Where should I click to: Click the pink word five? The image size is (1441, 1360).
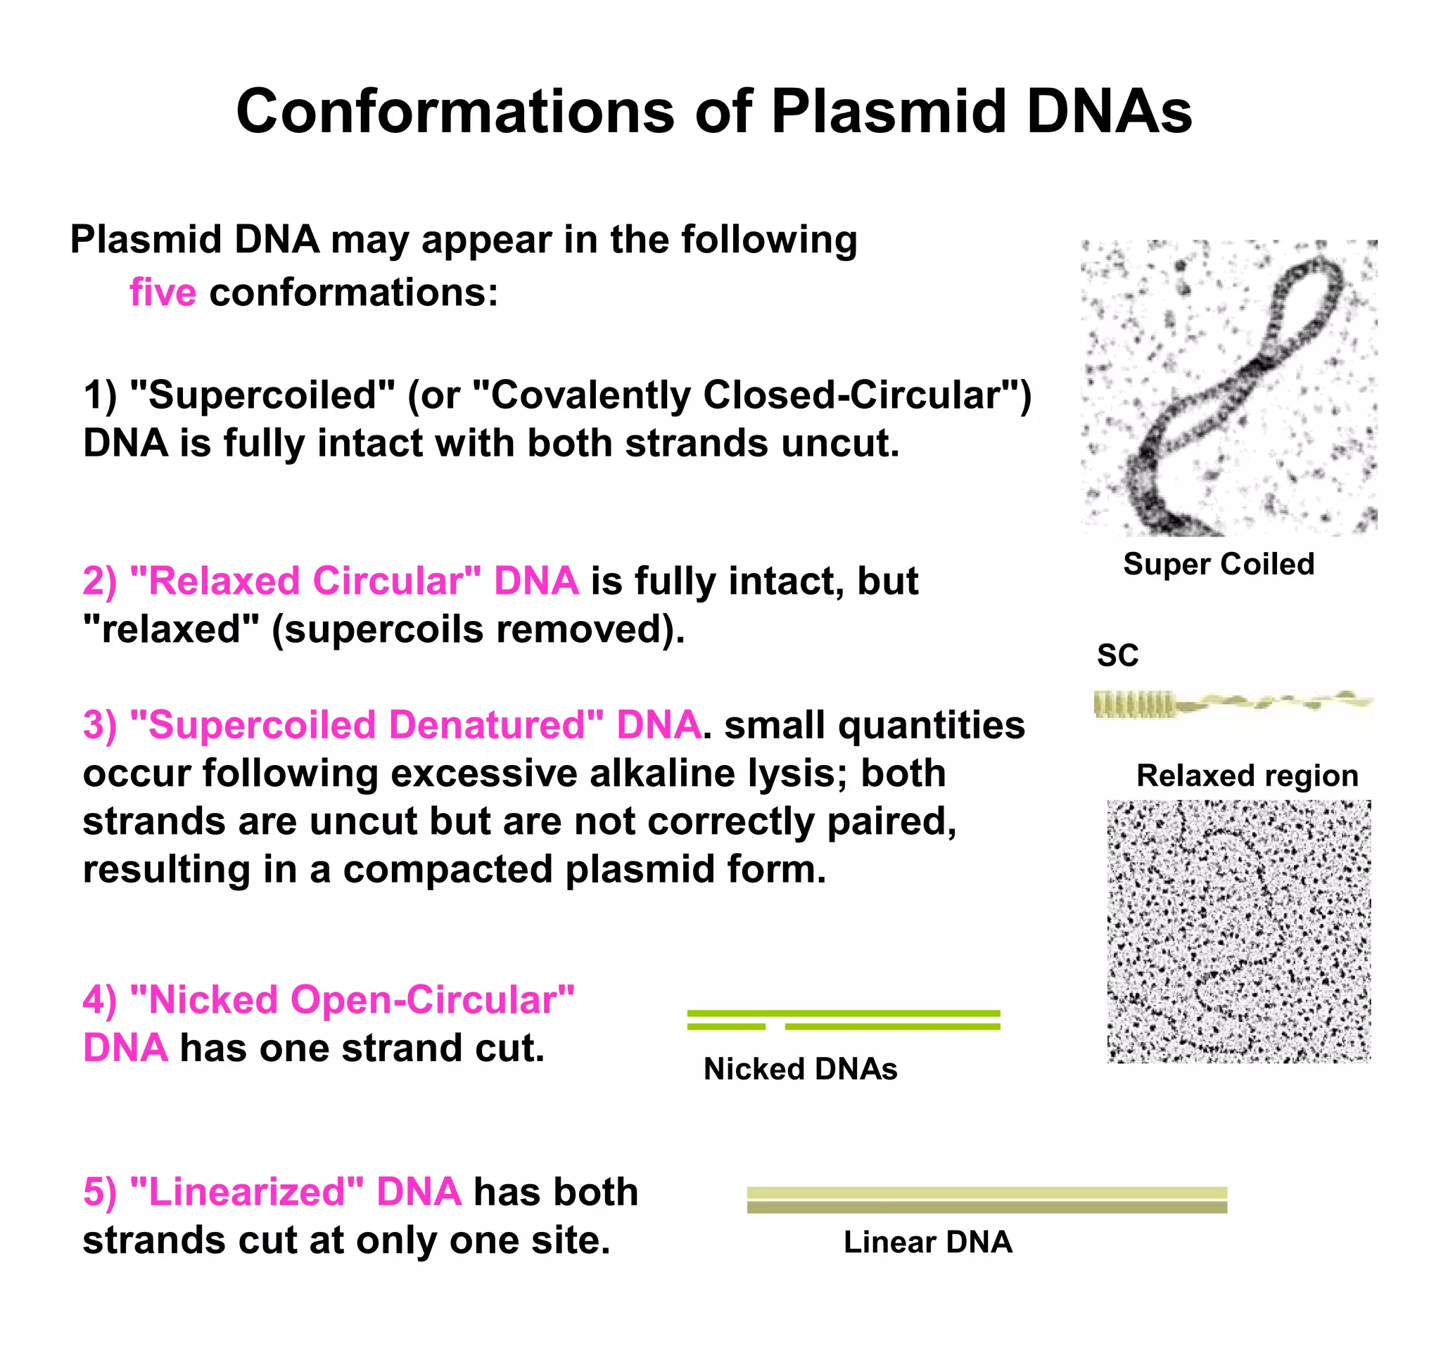(x=163, y=293)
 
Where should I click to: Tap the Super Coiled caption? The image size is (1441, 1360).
(x=1219, y=564)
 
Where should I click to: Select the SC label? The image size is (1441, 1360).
(x=1117, y=655)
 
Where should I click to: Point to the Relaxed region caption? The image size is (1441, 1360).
(x=1247, y=776)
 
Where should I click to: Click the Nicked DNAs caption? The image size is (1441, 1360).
(x=800, y=1069)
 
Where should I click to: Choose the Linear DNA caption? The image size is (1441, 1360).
(x=927, y=1242)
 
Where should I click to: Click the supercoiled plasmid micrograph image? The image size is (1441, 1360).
(x=1229, y=388)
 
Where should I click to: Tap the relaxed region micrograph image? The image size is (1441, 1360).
(x=1238, y=931)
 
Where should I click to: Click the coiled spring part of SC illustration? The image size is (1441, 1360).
(x=1134, y=704)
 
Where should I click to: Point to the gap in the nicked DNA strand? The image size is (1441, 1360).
(x=775, y=1027)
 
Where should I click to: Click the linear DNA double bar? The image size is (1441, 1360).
(x=986, y=1200)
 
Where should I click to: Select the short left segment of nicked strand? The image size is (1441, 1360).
(x=725, y=1027)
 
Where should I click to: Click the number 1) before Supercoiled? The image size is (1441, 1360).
(x=99, y=396)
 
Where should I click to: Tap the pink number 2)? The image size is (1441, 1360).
(x=99, y=582)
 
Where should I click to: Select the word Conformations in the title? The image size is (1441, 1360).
(x=455, y=112)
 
